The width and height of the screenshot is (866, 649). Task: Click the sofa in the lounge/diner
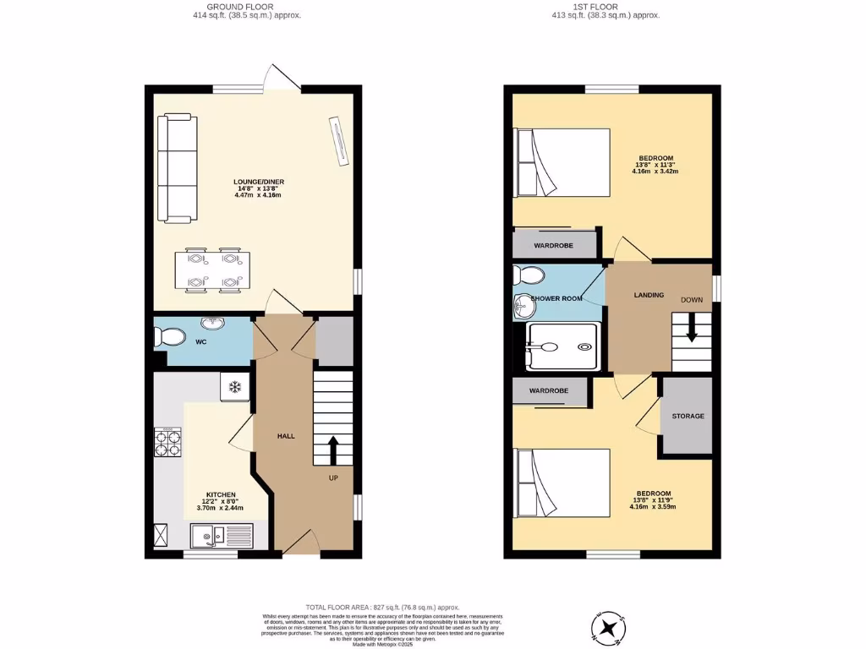[x=177, y=169]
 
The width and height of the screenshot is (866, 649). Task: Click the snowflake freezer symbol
[x=235, y=387]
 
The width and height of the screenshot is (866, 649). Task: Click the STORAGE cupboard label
[x=688, y=417]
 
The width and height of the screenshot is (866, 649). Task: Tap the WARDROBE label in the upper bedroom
[x=554, y=245]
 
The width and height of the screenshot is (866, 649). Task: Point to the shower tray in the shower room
[x=562, y=346]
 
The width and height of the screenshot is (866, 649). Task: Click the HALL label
[x=286, y=436]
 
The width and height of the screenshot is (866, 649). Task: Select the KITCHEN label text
[x=221, y=495]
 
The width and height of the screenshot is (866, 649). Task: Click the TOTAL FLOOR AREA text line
[x=382, y=608]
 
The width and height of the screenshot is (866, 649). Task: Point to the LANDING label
[x=649, y=295]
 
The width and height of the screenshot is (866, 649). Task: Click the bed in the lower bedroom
[x=562, y=484]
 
